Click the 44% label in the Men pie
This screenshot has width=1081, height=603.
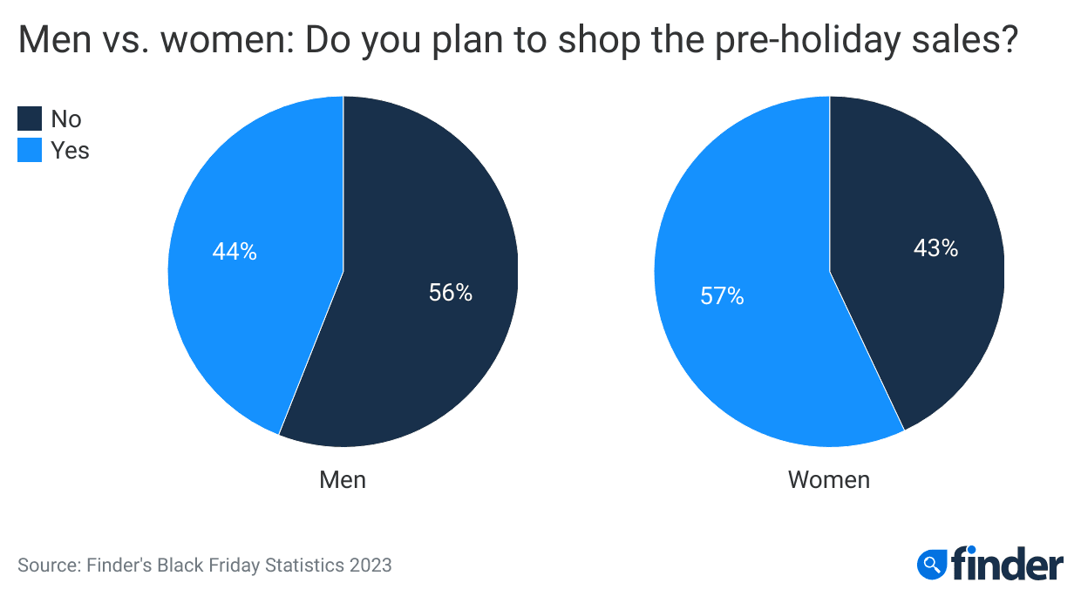(235, 252)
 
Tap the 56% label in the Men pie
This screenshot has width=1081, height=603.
(450, 293)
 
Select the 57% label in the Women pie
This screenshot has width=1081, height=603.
(722, 296)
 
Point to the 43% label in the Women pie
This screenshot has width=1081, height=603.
(935, 248)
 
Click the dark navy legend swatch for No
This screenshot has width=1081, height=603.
(30, 119)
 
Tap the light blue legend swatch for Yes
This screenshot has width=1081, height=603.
(30, 150)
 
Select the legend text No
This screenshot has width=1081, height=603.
(66, 119)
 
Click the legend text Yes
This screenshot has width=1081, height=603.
(70, 150)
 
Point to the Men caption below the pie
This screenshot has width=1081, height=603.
(343, 479)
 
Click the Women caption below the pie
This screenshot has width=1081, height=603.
(829, 479)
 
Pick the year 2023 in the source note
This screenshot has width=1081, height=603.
(371, 565)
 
